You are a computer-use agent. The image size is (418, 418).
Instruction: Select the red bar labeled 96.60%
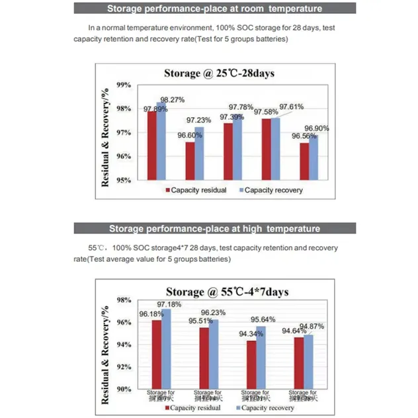[190, 161]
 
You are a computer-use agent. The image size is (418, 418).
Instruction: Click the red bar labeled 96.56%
[304, 161]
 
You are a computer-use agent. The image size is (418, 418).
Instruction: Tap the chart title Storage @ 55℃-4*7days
[227, 291]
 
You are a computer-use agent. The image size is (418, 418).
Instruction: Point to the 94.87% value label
[312, 326]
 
